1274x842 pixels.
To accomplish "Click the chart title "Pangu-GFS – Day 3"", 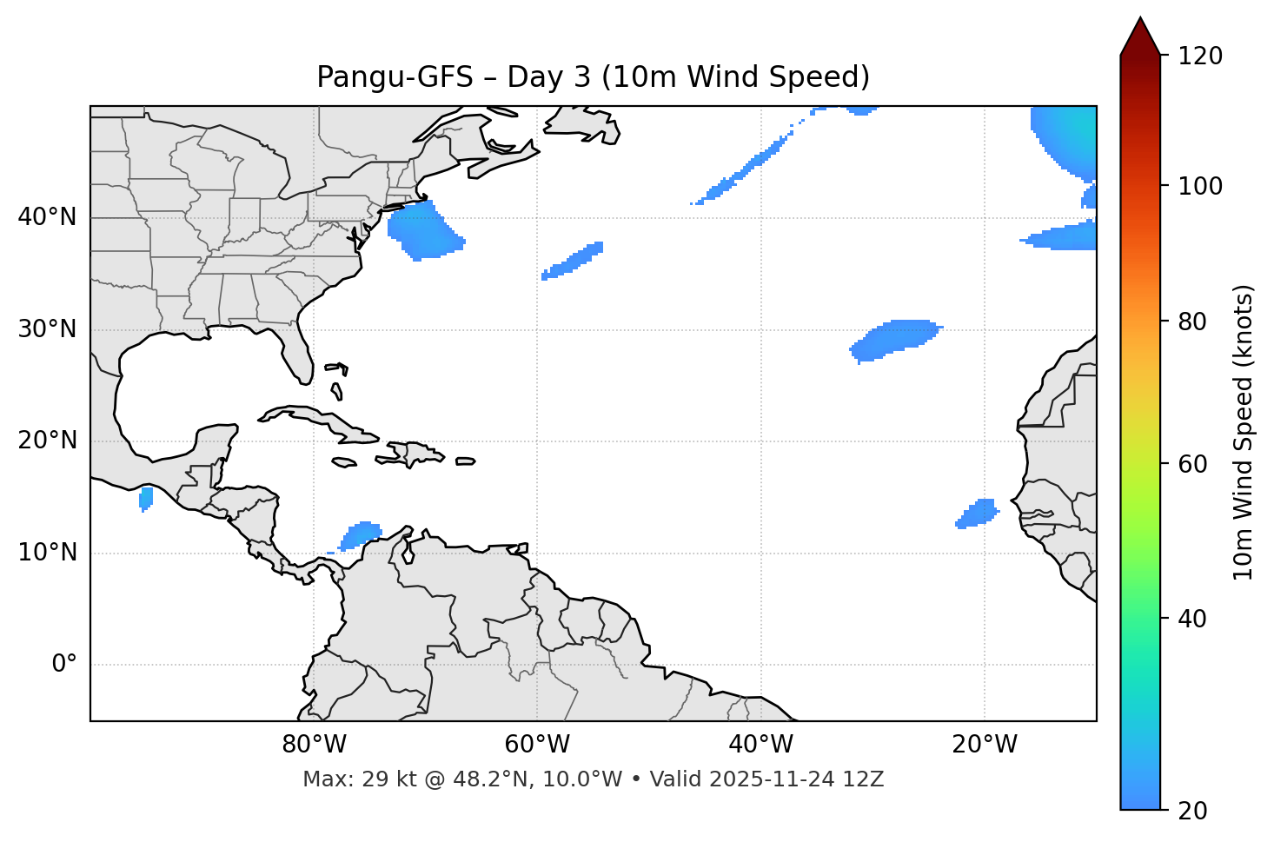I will tap(593, 77).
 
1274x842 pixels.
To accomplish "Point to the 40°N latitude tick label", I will tap(47, 217).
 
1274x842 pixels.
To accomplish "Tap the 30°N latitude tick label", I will tap(47, 329).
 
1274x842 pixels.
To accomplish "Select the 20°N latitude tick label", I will tap(47, 441).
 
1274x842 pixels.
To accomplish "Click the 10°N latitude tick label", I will tap(47, 553).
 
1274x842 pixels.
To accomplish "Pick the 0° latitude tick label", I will tap(64, 665).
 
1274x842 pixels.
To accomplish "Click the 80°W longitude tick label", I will tap(314, 745).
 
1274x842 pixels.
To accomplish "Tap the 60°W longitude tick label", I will tap(537, 745).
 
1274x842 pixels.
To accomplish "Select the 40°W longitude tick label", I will tap(760, 745).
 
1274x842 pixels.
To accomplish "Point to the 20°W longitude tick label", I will tap(985, 745).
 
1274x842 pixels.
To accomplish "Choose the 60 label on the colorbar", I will tap(1196, 464).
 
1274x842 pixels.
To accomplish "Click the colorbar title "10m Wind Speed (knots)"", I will tap(1244, 432).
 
